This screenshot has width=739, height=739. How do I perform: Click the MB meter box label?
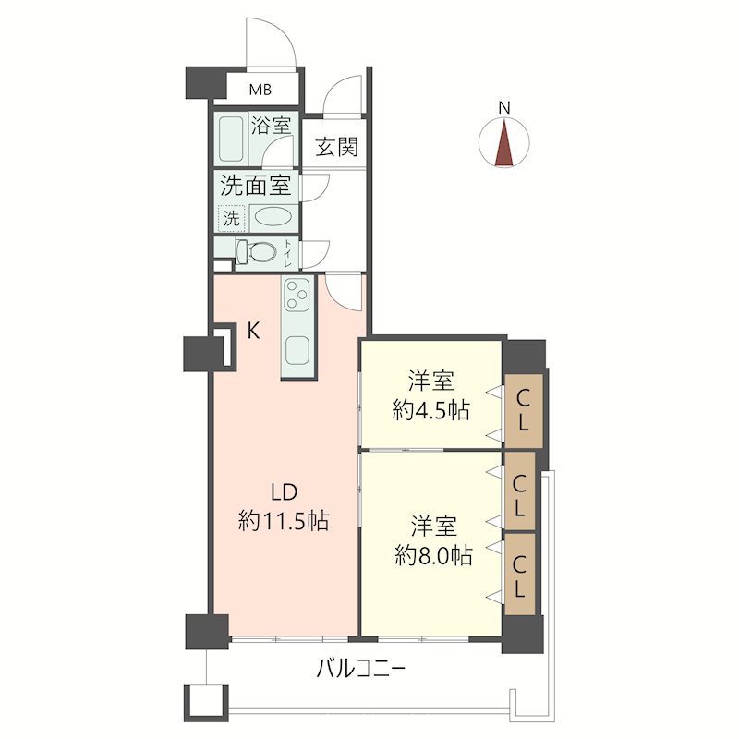coord(260,90)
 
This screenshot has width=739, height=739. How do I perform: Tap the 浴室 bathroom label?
coord(271,126)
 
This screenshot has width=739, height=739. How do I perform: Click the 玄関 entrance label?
coord(336,147)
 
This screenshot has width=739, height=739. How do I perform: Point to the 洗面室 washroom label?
coord(255,185)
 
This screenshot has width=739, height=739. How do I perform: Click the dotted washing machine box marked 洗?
coord(232,219)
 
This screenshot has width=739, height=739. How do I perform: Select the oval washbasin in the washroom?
coord(273,217)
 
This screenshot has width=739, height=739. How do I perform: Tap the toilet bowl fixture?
coord(256,251)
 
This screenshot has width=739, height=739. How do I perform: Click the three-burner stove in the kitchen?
coord(297,294)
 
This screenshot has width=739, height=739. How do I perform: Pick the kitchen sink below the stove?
coord(297,351)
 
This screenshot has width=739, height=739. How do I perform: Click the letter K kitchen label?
coord(253,331)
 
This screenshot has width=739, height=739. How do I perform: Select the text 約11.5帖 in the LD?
coord(284,522)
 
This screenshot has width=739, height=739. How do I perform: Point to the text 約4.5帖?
coord(430,410)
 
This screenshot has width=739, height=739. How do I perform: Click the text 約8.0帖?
coord(433,556)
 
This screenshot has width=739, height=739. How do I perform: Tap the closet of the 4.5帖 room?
coord(524,410)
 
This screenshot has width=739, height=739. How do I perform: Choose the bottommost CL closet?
coord(519,574)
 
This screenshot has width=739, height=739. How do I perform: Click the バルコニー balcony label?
coord(360,669)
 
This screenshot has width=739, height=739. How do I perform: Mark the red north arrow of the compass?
coord(504,143)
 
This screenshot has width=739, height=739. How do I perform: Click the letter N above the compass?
coord(504,108)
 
